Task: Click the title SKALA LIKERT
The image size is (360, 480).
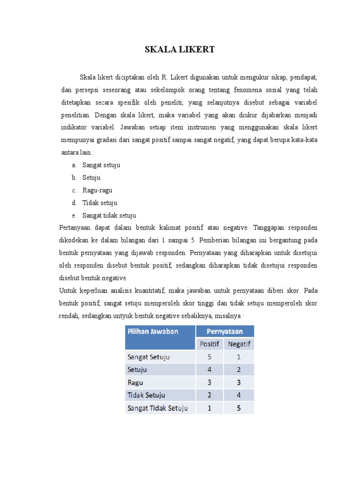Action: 180,50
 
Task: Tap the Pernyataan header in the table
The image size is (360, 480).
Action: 225,331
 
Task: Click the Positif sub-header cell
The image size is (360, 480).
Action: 210,344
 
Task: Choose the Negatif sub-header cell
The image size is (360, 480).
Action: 239,344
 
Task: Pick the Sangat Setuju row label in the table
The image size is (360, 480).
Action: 148,357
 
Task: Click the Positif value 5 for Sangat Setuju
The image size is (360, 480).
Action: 210,357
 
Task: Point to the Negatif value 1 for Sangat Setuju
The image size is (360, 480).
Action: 239,357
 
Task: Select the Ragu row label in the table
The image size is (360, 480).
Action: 135,382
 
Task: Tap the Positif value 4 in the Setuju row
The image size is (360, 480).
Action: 210,369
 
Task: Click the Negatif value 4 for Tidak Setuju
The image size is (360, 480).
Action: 239,395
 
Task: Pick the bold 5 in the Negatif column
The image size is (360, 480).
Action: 239,408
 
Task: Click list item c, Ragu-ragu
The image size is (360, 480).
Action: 97,190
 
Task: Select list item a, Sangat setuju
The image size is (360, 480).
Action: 101,165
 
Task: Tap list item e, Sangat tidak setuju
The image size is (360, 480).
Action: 109,216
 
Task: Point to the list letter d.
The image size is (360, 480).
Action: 74,203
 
